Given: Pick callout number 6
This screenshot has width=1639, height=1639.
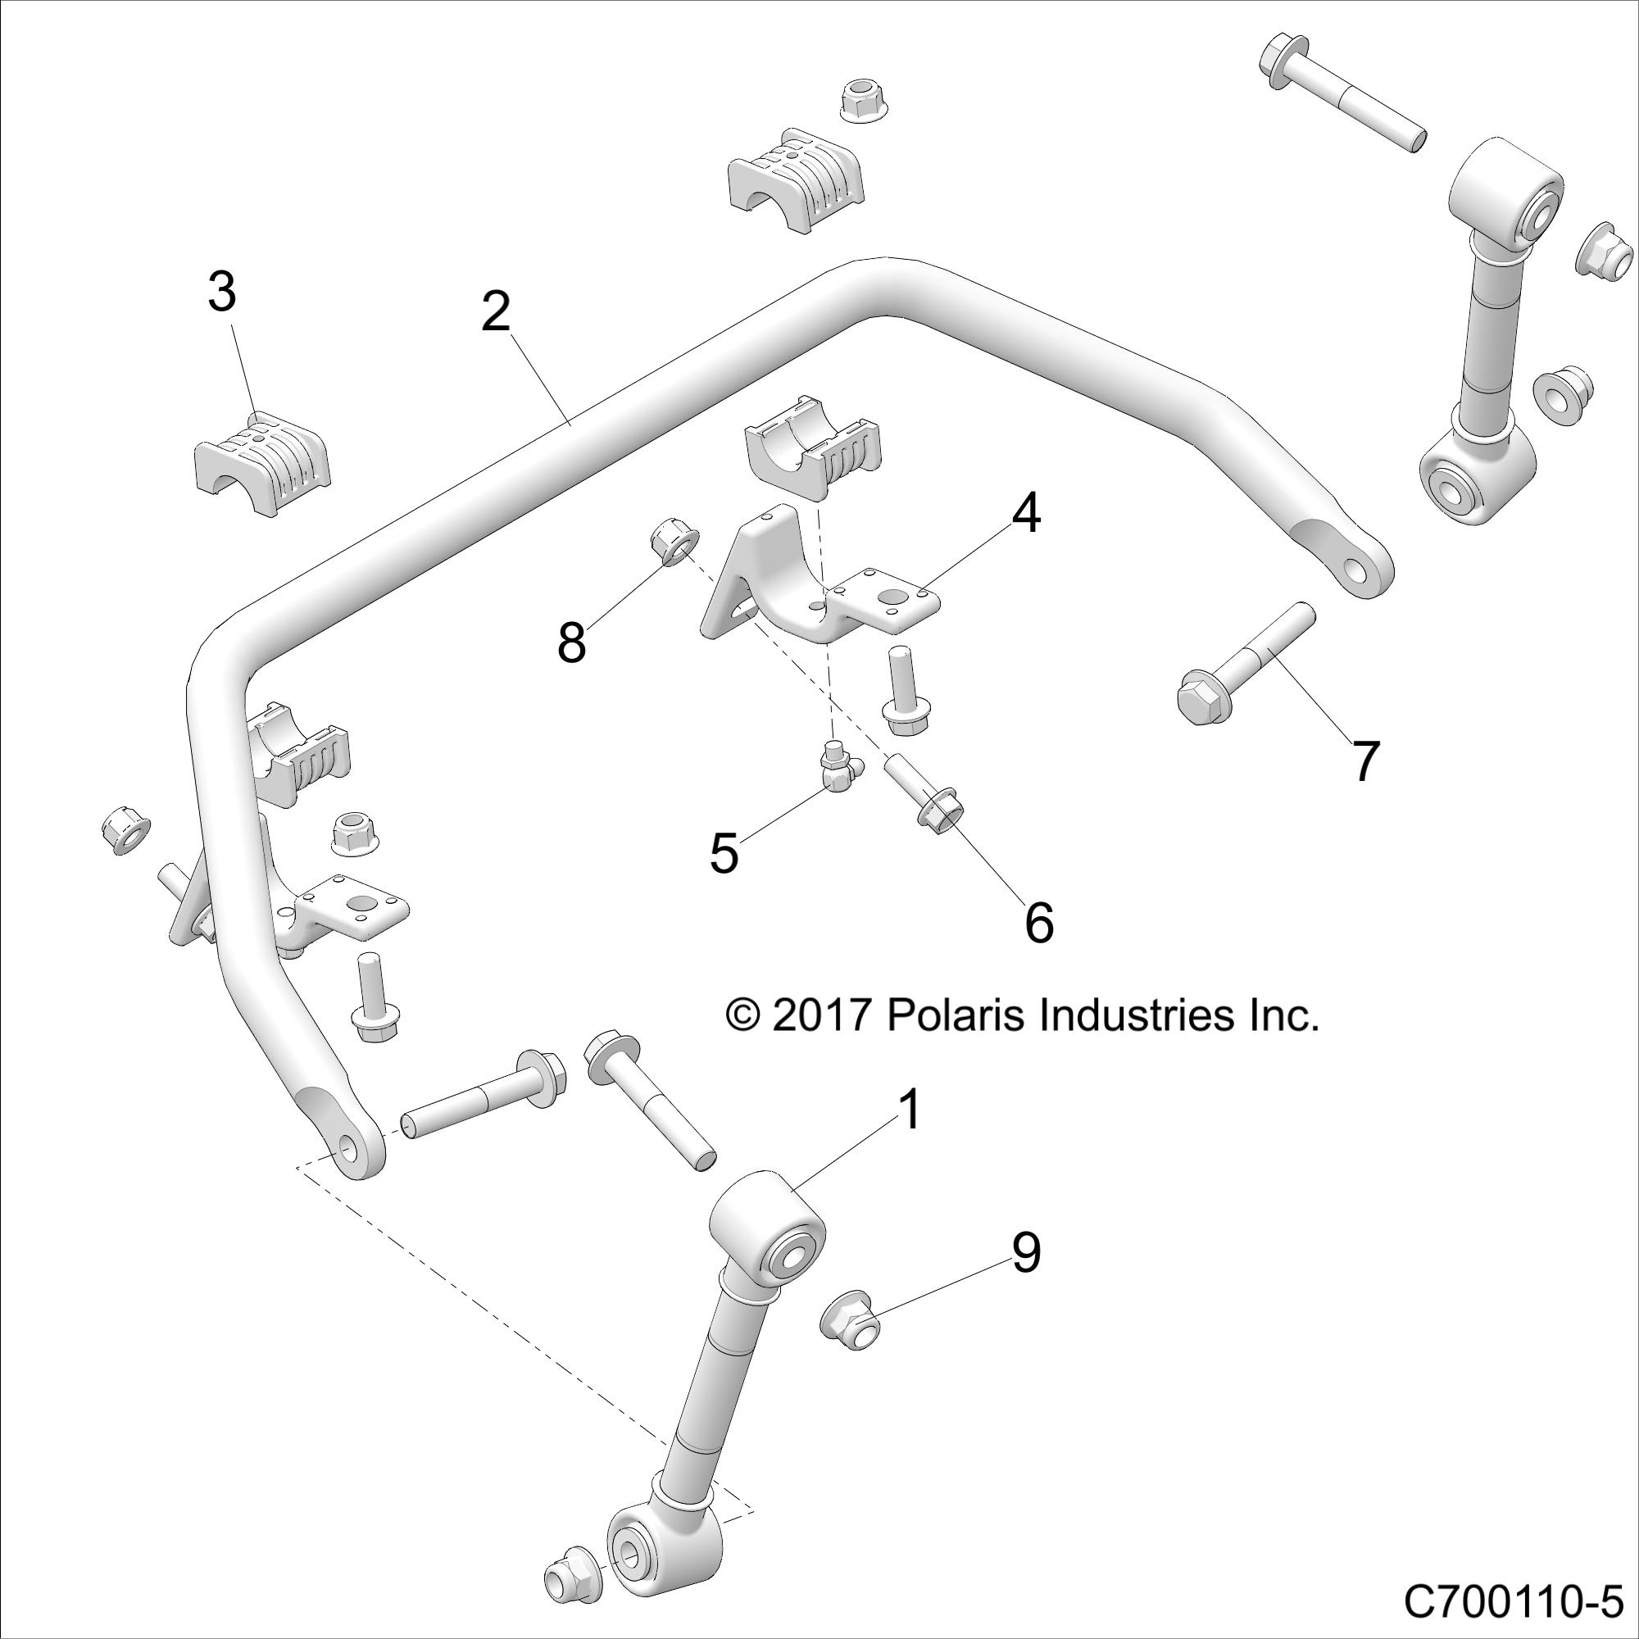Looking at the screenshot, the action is click(x=1038, y=923).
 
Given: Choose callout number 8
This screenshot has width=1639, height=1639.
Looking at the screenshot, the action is click(x=572, y=643).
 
